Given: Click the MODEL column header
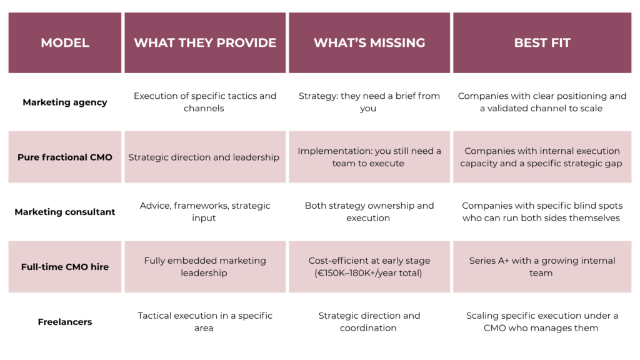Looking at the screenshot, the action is [x=65, y=43].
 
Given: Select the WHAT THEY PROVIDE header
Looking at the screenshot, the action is [x=205, y=43].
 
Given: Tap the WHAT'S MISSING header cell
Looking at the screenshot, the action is [x=369, y=43].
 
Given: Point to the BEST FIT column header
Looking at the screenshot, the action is [x=542, y=43].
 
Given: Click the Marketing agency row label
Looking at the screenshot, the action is [x=65, y=102].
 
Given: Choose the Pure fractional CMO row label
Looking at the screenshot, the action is [x=65, y=157].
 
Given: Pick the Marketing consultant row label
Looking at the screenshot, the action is [x=65, y=212].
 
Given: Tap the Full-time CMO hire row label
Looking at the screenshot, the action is [x=65, y=267].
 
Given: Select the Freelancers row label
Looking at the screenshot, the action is [x=65, y=322].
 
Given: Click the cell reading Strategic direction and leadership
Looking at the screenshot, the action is [x=204, y=157].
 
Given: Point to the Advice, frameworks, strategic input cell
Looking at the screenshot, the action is [x=205, y=212].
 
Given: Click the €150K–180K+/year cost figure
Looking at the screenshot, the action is [x=369, y=273].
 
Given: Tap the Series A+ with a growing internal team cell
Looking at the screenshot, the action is [x=542, y=267].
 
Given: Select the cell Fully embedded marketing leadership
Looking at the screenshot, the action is [x=205, y=267].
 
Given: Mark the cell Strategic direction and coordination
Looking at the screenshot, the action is [x=369, y=322].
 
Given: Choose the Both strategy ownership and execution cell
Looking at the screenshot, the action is [x=369, y=212].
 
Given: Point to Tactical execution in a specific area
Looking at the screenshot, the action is [x=205, y=322].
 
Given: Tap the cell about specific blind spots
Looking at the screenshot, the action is [x=542, y=212].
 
